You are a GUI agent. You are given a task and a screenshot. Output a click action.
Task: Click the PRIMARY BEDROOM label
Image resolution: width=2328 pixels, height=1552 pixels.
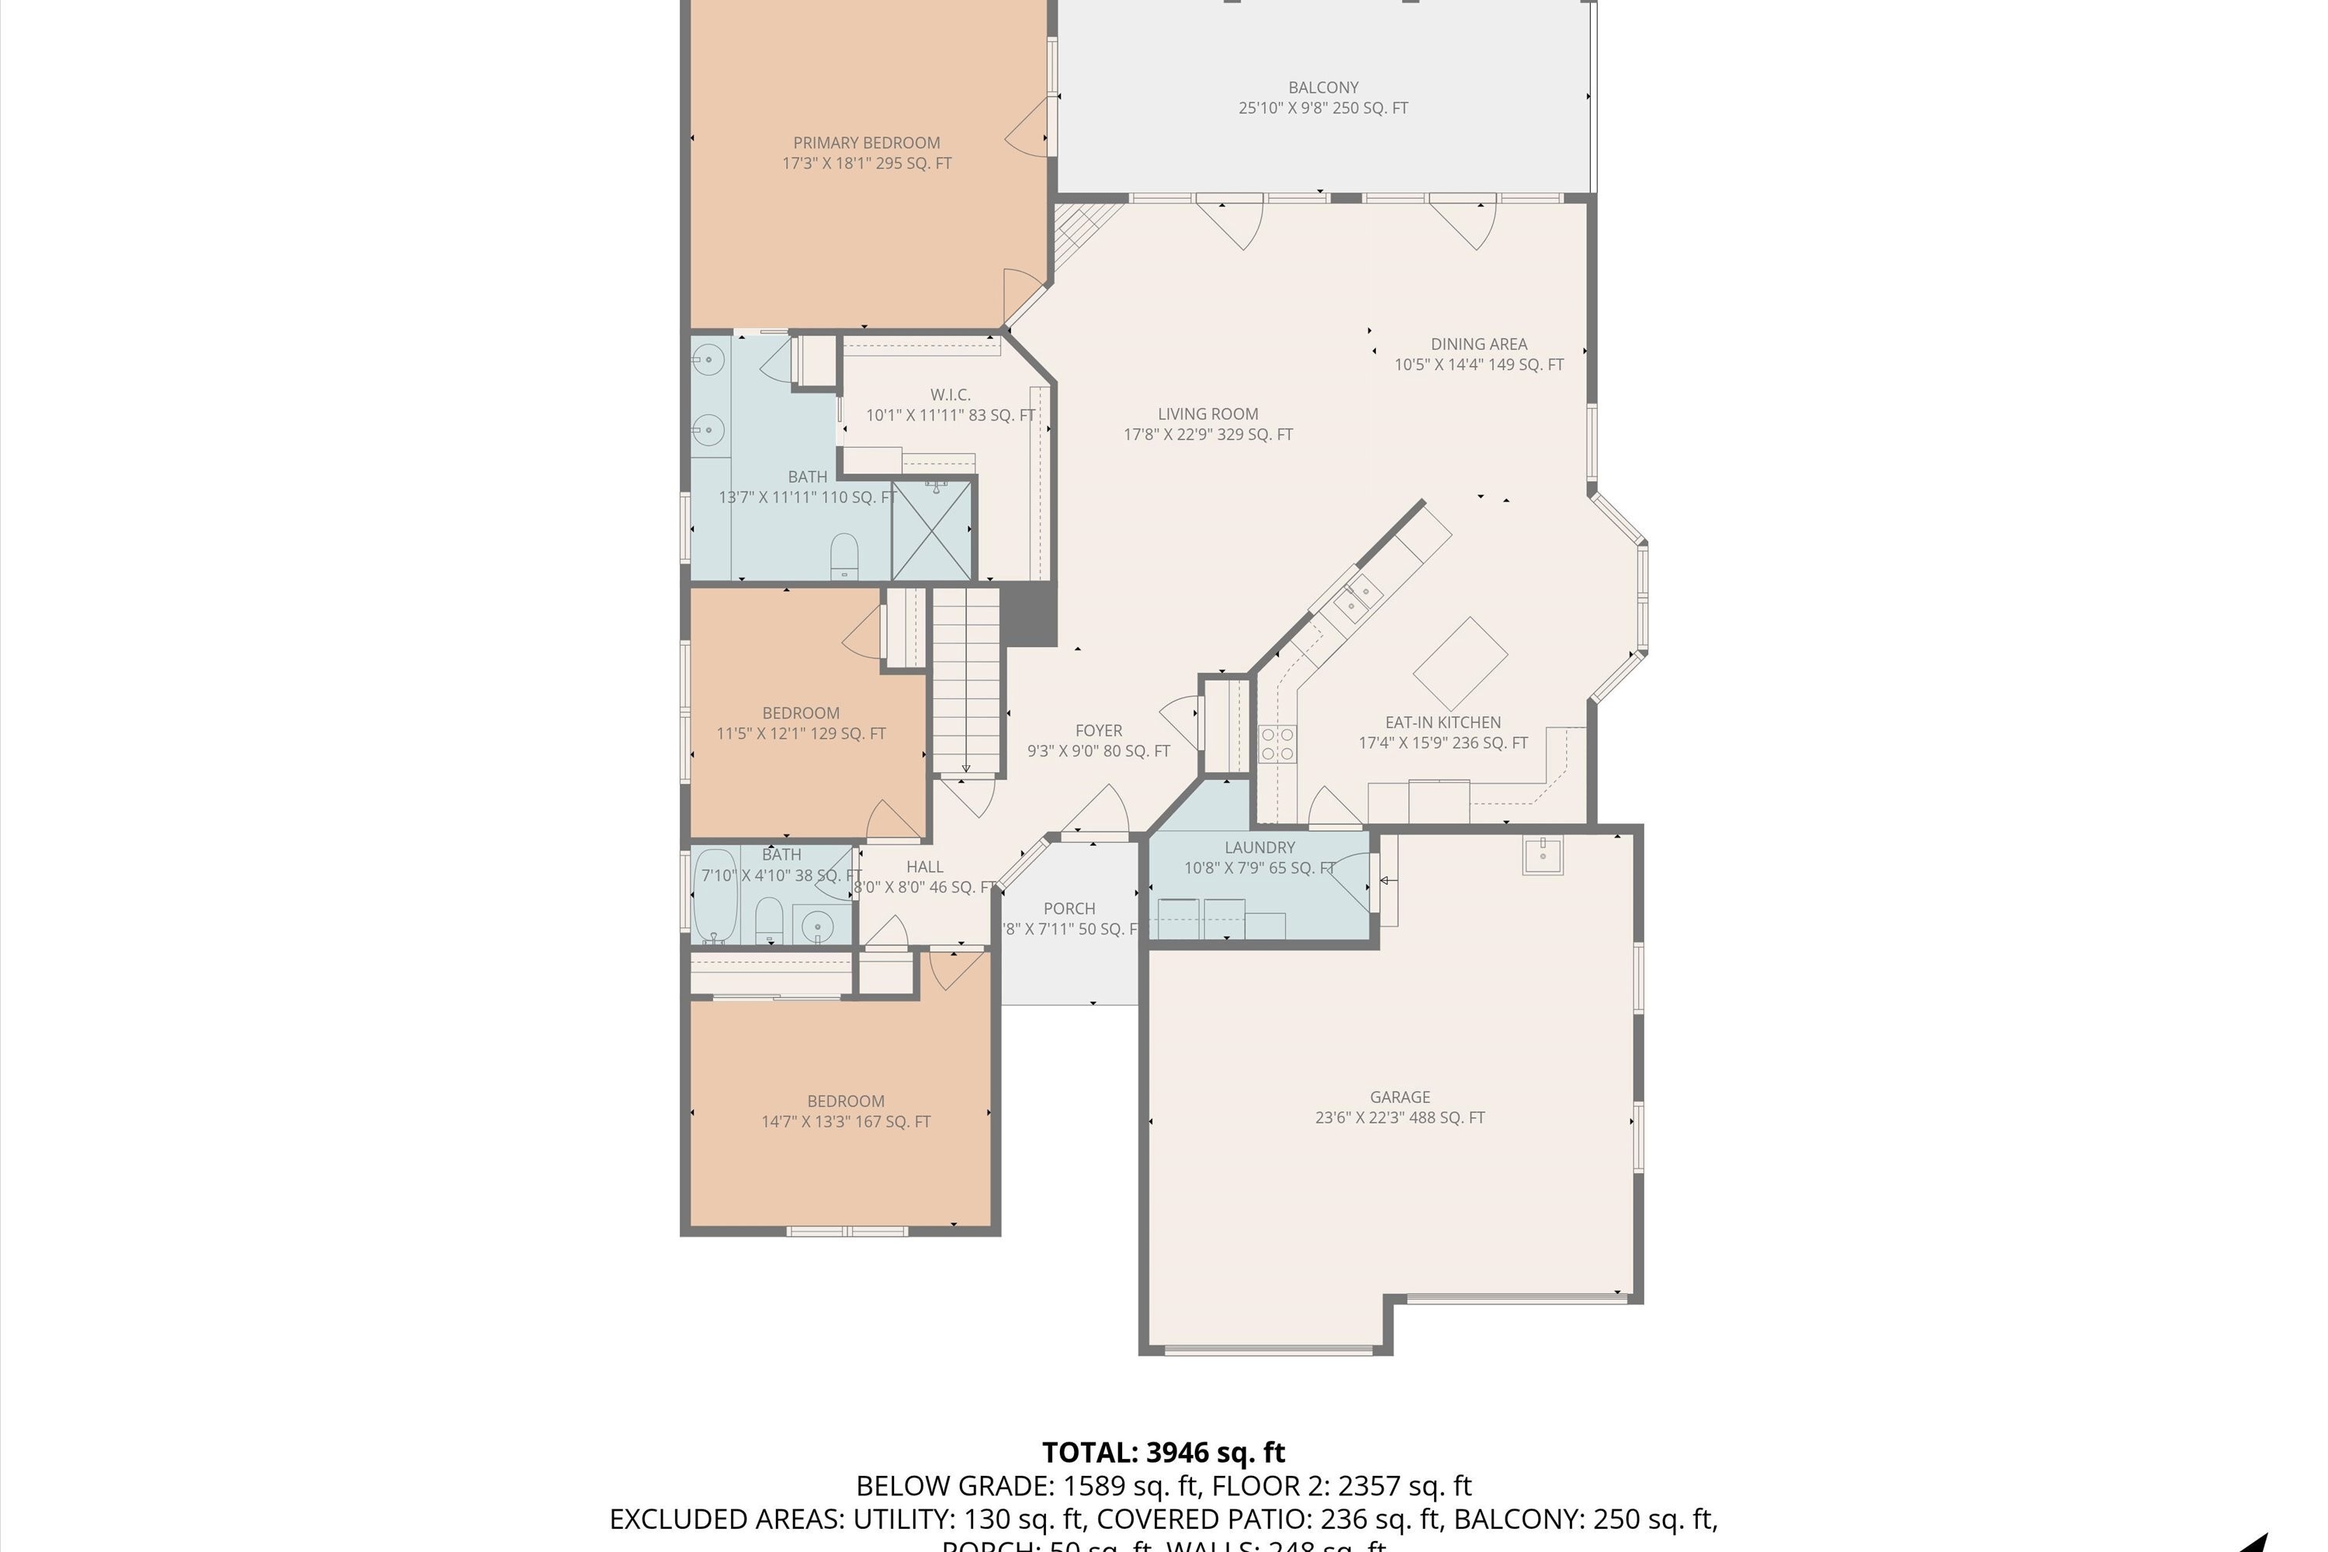[x=866, y=143]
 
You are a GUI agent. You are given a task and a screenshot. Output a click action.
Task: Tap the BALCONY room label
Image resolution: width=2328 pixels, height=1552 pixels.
[x=1322, y=87]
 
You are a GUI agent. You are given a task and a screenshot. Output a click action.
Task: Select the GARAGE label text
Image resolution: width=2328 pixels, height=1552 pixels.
[x=1400, y=1096]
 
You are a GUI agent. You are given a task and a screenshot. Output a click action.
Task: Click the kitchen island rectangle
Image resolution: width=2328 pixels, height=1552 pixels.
[x=1460, y=663]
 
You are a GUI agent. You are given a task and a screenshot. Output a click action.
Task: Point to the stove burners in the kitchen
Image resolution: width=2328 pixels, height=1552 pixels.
[x=1277, y=743]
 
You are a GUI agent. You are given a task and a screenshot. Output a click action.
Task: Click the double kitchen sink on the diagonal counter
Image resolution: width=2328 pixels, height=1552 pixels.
[x=1357, y=598]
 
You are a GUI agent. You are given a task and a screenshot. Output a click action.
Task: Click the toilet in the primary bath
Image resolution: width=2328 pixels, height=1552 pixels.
[x=844, y=556]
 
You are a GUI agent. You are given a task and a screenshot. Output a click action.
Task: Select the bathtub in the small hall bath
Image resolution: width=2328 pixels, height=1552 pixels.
[x=715, y=896]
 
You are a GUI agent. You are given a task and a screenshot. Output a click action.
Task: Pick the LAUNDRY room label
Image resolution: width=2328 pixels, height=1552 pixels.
[x=1259, y=847]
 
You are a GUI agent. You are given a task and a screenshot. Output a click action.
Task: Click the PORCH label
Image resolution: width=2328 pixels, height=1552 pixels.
[x=1069, y=909]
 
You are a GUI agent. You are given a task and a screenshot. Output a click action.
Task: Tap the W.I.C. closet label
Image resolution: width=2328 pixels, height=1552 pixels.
[x=950, y=395]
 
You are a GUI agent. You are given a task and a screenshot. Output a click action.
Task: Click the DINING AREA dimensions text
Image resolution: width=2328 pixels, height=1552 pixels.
[x=1479, y=364]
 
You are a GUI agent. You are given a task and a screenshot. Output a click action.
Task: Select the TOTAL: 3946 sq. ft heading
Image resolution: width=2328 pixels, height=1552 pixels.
[x=1163, y=1452]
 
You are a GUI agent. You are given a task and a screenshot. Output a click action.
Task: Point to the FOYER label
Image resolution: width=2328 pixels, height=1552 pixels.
[x=1099, y=730]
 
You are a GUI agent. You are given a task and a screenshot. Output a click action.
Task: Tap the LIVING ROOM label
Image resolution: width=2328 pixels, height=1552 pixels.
[x=1207, y=414]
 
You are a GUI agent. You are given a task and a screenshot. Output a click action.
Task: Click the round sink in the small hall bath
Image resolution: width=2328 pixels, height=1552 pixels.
[x=818, y=927]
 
